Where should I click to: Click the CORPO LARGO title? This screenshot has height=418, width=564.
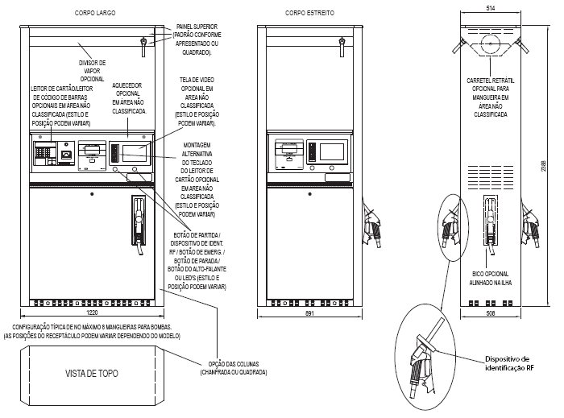tap(95, 13)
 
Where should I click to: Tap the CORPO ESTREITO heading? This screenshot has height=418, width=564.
tap(309, 13)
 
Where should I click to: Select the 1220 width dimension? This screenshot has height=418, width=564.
tap(92, 312)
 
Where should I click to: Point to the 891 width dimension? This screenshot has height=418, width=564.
tap(309, 313)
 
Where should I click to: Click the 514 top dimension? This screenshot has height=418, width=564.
tap(491, 8)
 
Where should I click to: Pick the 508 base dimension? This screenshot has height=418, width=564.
tap(491, 313)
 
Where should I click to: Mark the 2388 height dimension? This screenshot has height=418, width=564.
tap(544, 166)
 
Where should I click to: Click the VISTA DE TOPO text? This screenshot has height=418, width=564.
tap(92, 374)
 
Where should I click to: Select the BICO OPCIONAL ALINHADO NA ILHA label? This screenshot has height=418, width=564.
tap(491, 278)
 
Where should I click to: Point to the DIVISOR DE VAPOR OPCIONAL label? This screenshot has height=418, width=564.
tap(92, 71)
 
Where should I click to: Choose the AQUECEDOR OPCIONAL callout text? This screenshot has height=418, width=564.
tap(129, 98)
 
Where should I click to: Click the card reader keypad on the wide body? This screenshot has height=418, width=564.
tap(44, 153)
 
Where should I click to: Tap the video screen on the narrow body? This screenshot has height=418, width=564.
tap(332, 151)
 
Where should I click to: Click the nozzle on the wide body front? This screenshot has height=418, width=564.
tap(139, 225)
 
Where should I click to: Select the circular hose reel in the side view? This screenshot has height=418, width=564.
tap(491, 43)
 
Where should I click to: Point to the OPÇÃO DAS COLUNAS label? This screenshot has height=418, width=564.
tap(234, 368)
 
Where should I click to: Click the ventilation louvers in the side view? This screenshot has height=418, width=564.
tap(491, 177)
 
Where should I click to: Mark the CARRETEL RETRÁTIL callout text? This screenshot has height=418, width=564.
tap(491, 97)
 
